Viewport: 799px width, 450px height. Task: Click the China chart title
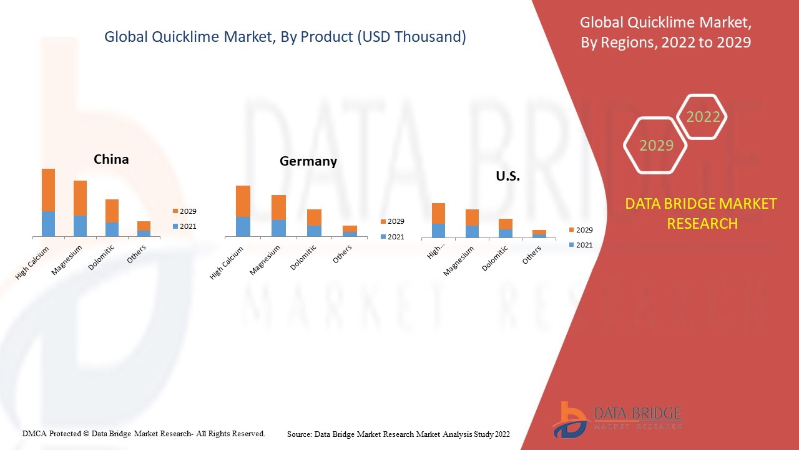tap(111, 159)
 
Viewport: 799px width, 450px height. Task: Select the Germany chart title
tap(308, 161)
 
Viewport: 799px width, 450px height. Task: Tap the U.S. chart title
tap(507, 176)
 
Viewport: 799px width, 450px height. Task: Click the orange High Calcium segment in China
tap(48, 189)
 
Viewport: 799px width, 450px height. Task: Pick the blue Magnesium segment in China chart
tap(80, 226)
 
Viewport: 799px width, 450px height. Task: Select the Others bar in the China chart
tap(144, 229)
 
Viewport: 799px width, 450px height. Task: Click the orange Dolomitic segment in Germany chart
tap(314, 217)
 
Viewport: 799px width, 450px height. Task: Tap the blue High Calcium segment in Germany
tap(243, 226)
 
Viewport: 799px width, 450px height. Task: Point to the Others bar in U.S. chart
tap(539, 234)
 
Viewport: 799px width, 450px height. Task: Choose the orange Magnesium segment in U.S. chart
tap(472, 217)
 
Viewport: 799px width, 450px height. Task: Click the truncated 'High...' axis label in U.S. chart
tap(434, 252)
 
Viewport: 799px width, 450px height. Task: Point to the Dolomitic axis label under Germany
tap(304, 257)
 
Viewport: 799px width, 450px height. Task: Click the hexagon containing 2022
tap(702, 117)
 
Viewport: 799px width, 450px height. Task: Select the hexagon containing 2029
tap(655, 146)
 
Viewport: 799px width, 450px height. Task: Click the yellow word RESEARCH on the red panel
tap(702, 223)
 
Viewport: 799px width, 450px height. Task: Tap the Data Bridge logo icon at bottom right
tap(569, 419)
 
